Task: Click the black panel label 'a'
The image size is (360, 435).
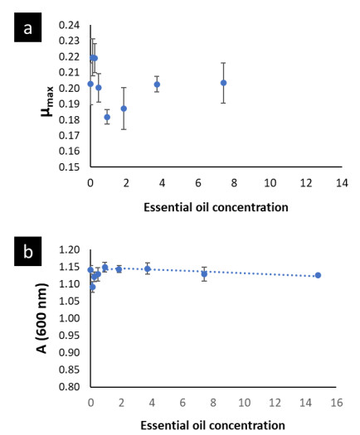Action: pos(27,27)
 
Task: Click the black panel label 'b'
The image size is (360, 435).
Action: pos(27,251)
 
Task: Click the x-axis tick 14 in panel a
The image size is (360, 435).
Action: pos(342,183)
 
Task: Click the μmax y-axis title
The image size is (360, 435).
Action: pos(47,102)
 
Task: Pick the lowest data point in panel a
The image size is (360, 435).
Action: pos(107,117)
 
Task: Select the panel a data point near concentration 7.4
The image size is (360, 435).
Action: pos(223,83)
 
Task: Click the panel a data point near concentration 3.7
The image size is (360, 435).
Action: pos(157,85)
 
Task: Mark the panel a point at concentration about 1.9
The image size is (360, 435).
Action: pos(124,109)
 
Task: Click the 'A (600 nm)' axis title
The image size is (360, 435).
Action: pos(41,318)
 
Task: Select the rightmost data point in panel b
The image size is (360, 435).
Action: pos(318,275)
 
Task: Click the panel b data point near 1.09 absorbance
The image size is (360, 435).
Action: pos(93,287)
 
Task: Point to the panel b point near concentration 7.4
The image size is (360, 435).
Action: pos(204,274)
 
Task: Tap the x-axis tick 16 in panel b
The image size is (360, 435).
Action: pos(337,403)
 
